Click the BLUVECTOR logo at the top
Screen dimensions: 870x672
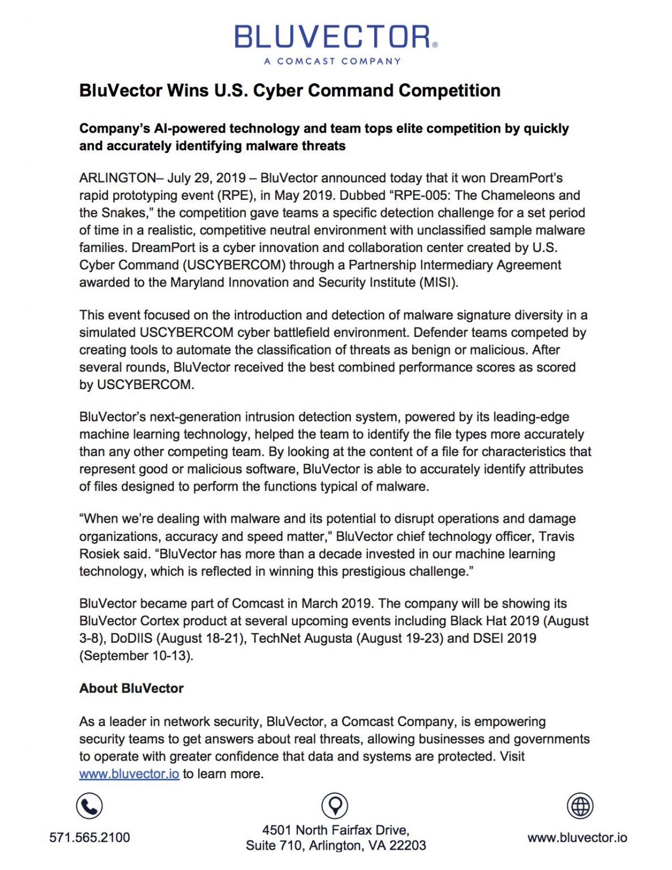point(335,37)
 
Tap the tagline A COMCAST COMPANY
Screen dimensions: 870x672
point(332,61)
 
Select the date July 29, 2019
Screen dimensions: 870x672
point(207,178)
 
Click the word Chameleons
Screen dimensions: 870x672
point(520,195)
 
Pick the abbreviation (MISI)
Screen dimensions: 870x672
point(438,282)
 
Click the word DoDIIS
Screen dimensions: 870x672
point(131,638)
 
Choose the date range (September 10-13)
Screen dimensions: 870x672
point(136,656)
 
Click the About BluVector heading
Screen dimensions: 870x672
point(131,688)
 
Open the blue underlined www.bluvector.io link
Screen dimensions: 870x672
point(129,774)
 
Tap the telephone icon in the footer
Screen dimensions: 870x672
point(89,806)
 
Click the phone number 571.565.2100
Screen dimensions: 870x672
point(89,837)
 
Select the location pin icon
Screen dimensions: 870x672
point(335,805)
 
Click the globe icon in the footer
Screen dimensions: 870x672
point(580,805)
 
